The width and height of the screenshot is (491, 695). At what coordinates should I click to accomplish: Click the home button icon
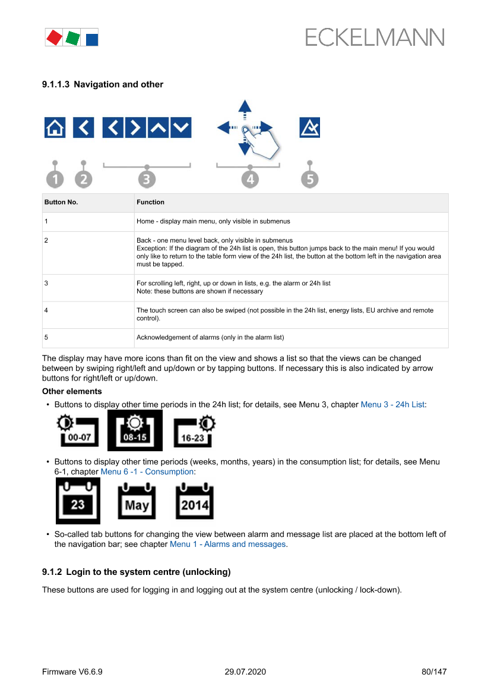pyautogui.click(x=55, y=127)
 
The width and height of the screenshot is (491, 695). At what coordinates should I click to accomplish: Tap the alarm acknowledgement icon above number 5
pyautogui.click(x=309, y=127)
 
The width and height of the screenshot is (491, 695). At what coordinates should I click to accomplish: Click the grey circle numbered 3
pyautogui.click(x=147, y=179)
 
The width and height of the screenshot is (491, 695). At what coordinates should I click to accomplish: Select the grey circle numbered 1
pyautogui.click(x=55, y=179)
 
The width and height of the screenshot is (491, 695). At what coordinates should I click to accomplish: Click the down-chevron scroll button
pyautogui.click(x=181, y=127)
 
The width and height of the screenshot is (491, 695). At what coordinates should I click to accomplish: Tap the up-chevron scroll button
pyautogui.click(x=159, y=127)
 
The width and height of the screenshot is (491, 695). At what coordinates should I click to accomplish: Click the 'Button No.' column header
pyautogui.click(x=61, y=202)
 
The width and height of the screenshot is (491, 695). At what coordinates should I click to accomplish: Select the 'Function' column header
pyautogui.click(x=150, y=202)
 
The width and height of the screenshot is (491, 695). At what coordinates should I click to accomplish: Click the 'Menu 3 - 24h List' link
pyautogui.click(x=393, y=404)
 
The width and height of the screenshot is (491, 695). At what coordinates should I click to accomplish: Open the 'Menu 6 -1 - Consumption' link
pyautogui.click(x=147, y=471)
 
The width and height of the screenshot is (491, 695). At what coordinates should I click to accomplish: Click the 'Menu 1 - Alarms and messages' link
pyautogui.click(x=228, y=544)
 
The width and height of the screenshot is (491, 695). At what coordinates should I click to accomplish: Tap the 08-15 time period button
pyautogui.click(x=135, y=430)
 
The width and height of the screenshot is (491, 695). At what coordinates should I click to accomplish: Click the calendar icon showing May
pyautogui.click(x=137, y=501)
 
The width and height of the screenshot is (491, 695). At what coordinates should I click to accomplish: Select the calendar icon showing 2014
pyautogui.click(x=194, y=501)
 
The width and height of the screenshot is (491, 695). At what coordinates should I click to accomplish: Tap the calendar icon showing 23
pyautogui.click(x=78, y=501)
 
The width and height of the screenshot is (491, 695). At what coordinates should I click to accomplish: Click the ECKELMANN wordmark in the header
pyautogui.click(x=375, y=38)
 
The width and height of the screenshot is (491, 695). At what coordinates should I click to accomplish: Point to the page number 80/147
pyautogui.click(x=433, y=672)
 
